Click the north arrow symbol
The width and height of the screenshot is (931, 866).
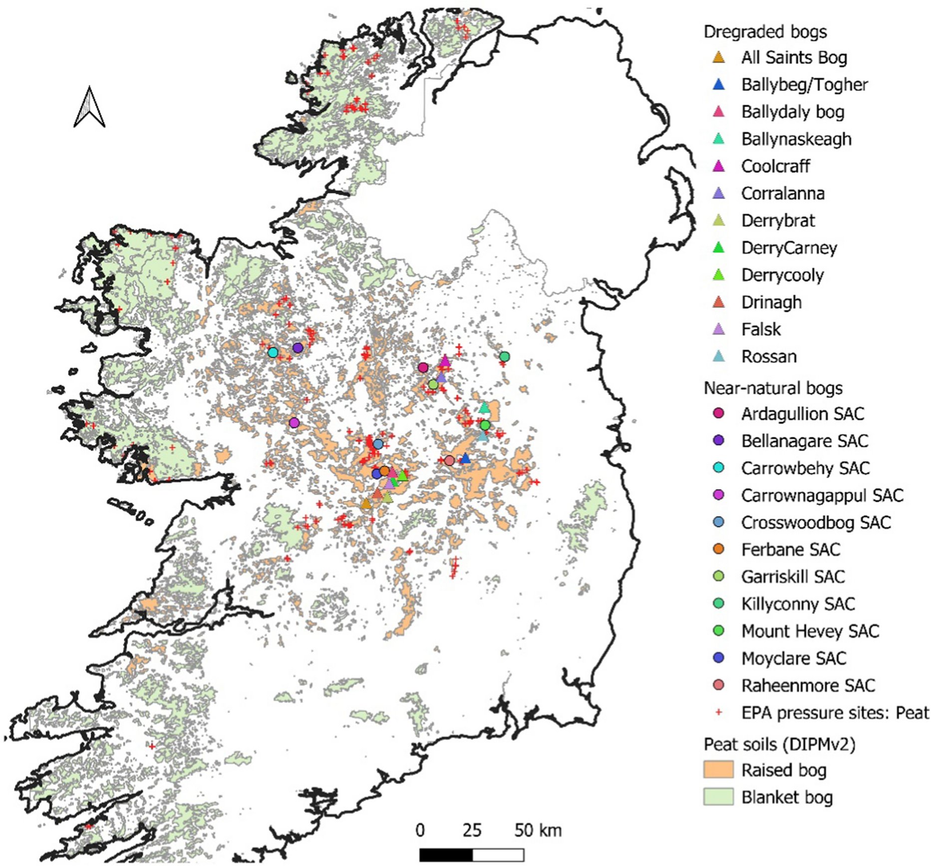click(89, 107)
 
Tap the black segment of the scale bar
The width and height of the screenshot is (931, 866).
click(445, 855)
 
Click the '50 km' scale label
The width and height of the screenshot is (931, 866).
click(538, 831)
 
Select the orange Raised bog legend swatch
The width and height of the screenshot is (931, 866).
click(718, 770)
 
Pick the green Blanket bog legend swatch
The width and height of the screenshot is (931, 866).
click(718, 797)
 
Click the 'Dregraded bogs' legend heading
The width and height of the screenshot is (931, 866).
click(765, 31)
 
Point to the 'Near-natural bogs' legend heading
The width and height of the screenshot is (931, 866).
click(773, 388)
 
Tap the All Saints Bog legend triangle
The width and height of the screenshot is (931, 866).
click(718, 57)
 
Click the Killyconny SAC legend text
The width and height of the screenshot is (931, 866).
click(798, 604)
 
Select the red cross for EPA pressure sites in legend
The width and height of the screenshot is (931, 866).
click(718, 712)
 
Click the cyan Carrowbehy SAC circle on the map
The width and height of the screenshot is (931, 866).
click(273, 352)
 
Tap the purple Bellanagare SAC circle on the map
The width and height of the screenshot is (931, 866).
click(298, 347)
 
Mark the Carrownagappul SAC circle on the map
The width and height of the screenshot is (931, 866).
click(294, 423)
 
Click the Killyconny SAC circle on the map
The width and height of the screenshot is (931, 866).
click(504, 356)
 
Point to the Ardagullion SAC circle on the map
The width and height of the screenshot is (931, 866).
click(423, 367)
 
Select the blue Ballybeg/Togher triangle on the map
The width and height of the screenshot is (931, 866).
click(465, 458)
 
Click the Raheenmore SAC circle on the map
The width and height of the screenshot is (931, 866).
click(449, 460)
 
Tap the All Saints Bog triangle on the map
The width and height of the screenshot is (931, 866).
click(366, 504)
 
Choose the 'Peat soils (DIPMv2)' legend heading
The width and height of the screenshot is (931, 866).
click(779, 744)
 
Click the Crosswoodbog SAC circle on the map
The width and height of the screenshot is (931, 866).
click(378, 444)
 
